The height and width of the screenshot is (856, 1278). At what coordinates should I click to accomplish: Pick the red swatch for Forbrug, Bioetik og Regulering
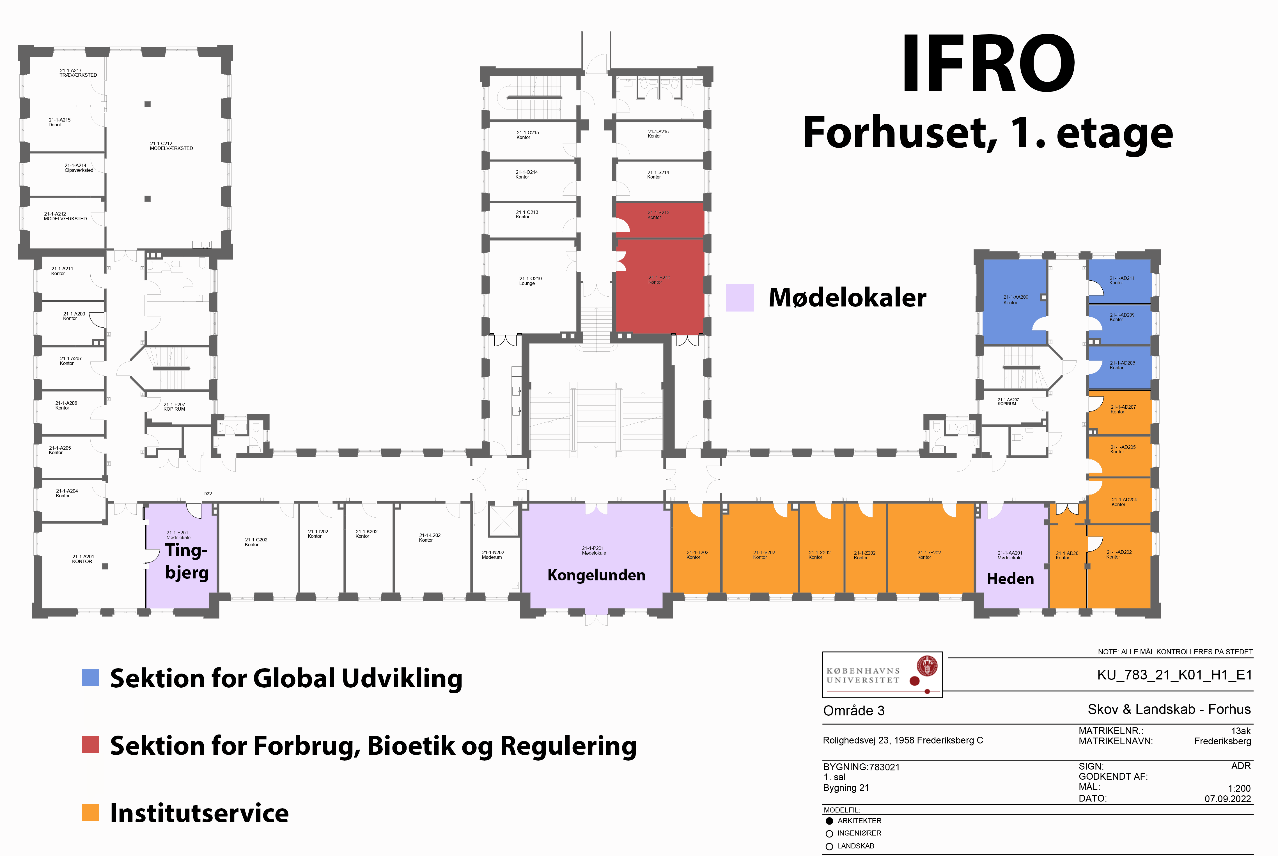(x=91, y=745)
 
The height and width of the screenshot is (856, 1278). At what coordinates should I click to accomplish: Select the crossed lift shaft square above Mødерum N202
(x=503, y=521)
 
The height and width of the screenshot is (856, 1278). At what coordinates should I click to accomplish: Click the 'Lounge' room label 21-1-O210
(x=527, y=283)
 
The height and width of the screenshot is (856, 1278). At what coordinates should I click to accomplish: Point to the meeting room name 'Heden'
(x=1010, y=579)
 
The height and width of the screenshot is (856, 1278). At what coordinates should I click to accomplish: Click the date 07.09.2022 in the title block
(x=1228, y=799)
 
